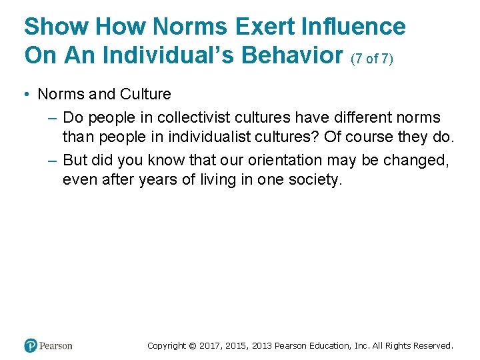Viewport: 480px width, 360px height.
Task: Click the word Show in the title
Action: tap(56, 27)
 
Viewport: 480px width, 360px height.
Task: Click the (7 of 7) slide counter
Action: tap(372, 59)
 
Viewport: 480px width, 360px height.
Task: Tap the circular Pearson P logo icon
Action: tap(31, 345)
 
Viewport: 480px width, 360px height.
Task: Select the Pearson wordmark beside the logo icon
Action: tap(56, 345)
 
